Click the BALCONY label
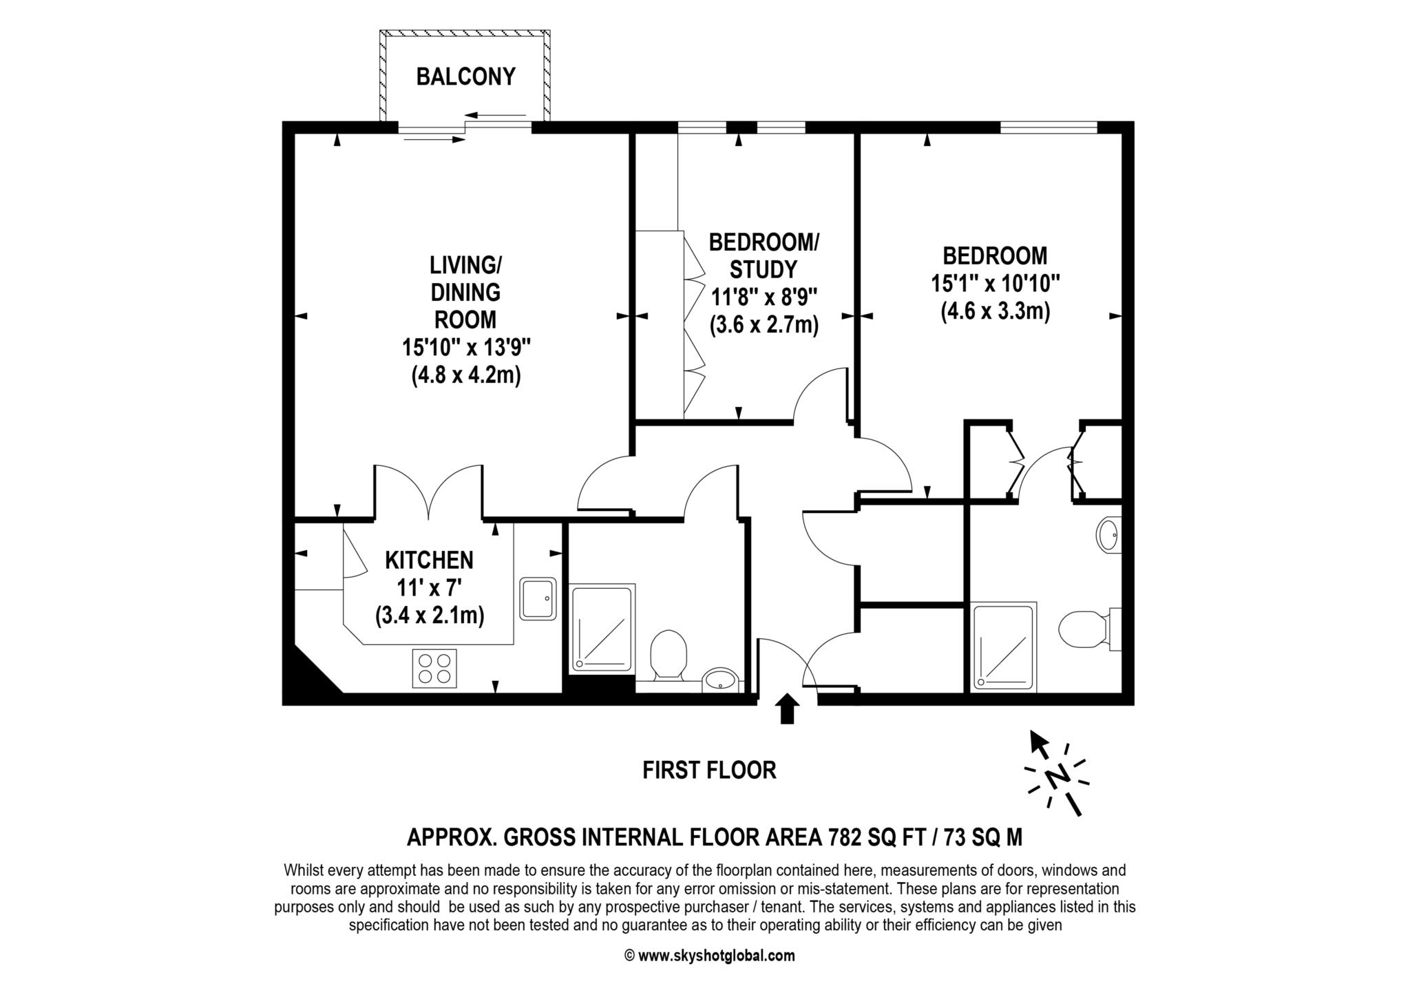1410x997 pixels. (465, 76)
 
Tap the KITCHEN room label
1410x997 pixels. (429, 560)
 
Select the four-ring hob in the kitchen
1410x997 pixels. (434, 668)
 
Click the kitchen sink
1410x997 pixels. (538, 598)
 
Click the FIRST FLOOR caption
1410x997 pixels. (709, 770)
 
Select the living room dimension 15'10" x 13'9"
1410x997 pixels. (466, 348)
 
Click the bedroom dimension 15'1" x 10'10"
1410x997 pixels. (995, 284)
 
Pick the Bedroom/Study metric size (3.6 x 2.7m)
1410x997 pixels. (764, 324)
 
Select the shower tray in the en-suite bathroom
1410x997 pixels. (1003, 647)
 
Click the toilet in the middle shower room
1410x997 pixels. (668, 654)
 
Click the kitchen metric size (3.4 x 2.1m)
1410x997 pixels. (430, 615)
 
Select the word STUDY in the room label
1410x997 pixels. (764, 269)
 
